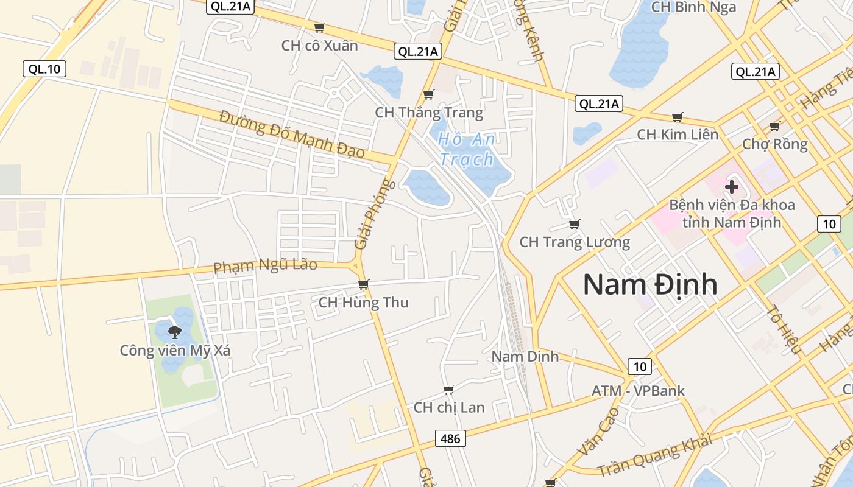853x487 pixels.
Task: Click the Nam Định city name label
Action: [650, 285]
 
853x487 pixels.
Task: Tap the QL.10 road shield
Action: [44, 69]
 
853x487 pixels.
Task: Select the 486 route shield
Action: [451, 438]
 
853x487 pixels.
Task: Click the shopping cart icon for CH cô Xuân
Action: [319, 27]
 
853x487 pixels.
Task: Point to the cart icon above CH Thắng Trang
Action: [428, 94]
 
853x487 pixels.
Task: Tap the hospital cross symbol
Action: [732, 187]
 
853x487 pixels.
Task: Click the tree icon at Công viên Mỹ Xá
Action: [175, 332]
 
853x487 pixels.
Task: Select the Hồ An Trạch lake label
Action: [467, 149]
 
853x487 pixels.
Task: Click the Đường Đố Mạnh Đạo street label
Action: [292, 134]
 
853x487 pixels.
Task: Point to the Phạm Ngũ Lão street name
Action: [265, 266]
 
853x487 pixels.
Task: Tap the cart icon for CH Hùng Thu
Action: [364, 284]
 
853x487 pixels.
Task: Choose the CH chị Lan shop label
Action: [449, 407]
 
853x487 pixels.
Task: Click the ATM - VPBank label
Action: [638, 391]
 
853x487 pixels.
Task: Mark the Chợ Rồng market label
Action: [774, 144]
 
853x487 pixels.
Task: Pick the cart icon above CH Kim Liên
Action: [677, 117]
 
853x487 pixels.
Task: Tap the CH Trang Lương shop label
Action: [575, 242]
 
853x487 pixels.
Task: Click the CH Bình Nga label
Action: [693, 7]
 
